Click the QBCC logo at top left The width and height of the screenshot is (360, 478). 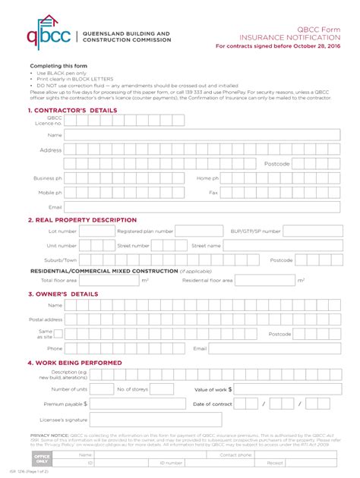pyautogui.click(x=47, y=38)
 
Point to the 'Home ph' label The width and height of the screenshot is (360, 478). pyautogui.click(x=207, y=178)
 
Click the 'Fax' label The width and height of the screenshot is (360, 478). pyautogui.click(x=213, y=193)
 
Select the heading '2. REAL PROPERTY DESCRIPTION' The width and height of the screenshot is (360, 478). pyautogui.click(x=82, y=220)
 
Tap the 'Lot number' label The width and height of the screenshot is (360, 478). pyautogui.click(x=62, y=231)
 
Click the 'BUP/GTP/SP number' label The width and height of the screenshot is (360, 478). pyautogui.click(x=255, y=231)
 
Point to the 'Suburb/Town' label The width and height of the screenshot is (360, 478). pyautogui.click(x=61, y=260)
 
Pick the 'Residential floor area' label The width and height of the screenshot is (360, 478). pyautogui.click(x=207, y=280)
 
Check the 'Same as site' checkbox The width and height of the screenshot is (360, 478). pyautogui.click(x=58, y=333)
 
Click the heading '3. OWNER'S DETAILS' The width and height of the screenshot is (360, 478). pyautogui.click(x=62, y=294)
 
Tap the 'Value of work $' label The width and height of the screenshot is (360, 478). pyautogui.click(x=213, y=389)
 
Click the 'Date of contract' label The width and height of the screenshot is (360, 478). pyautogui.click(x=213, y=404)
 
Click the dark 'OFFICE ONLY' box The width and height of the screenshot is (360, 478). pyautogui.click(x=41, y=459)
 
